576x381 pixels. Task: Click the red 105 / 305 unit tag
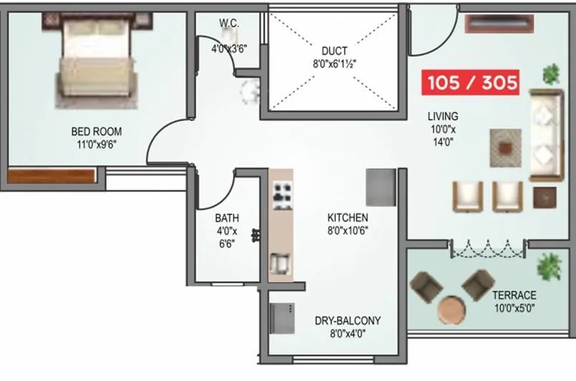(x=472, y=83)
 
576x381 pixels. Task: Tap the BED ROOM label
(x=96, y=131)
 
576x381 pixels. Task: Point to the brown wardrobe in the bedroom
(x=52, y=176)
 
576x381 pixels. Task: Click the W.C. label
(x=229, y=24)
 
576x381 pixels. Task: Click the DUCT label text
(x=334, y=51)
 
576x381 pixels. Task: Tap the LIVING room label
(x=443, y=116)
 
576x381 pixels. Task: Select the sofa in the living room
(x=545, y=136)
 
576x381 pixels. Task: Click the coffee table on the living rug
(x=507, y=149)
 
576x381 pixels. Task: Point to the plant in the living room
(x=550, y=72)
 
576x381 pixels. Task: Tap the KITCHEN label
(x=347, y=217)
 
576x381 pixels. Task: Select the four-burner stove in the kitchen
(x=281, y=193)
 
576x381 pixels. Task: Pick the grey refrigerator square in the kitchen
(x=381, y=187)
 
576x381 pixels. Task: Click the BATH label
(x=227, y=218)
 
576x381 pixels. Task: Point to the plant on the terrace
(x=549, y=266)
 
